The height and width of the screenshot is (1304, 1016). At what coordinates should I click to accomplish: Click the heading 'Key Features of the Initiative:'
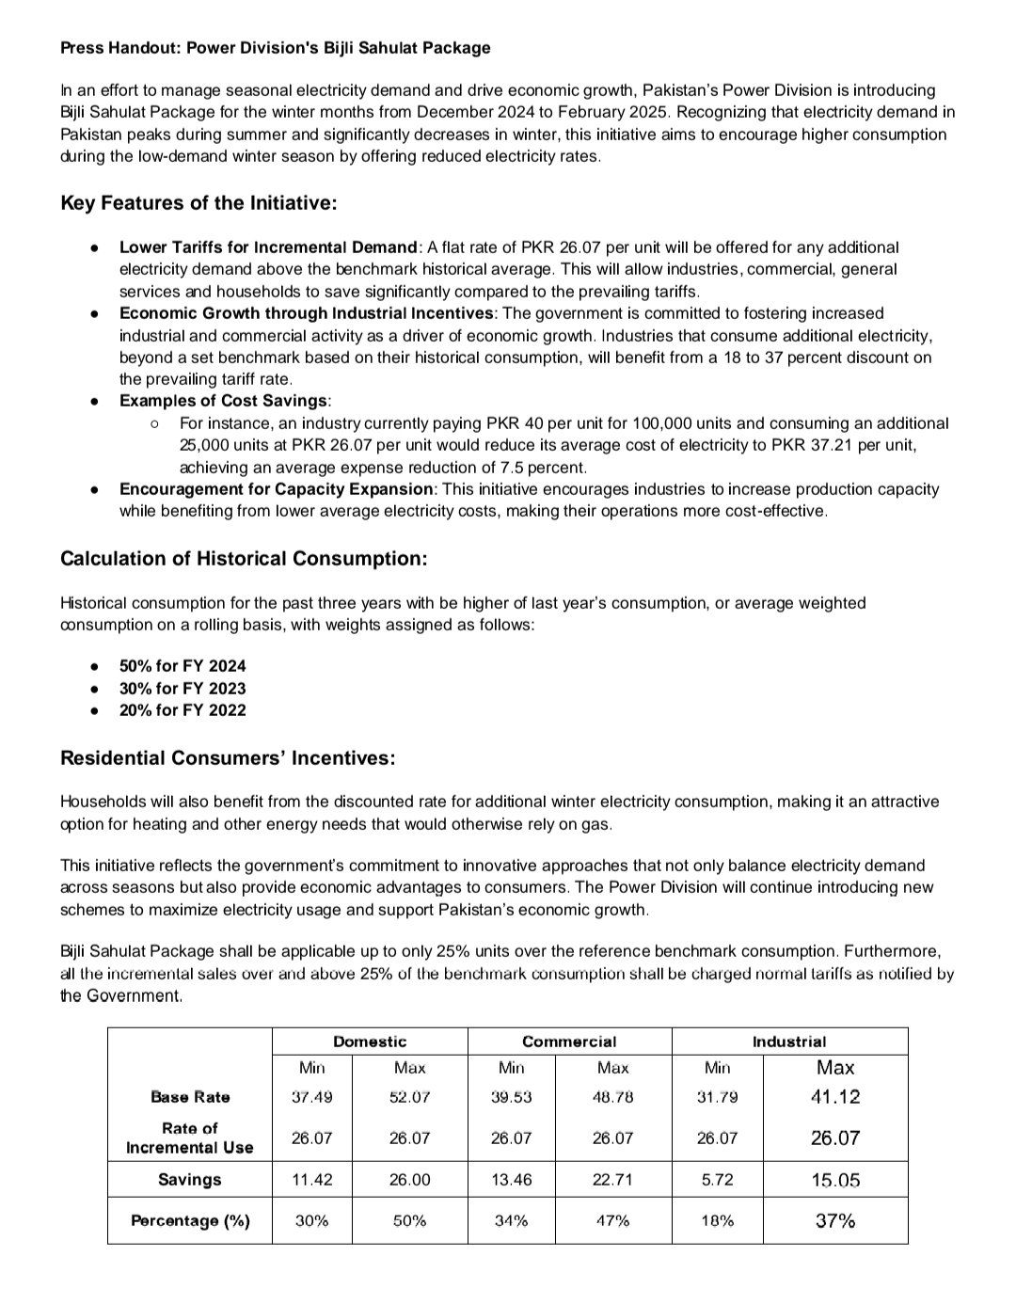coord(198,203)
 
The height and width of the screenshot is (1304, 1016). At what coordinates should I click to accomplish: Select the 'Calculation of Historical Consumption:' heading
coord(244,559)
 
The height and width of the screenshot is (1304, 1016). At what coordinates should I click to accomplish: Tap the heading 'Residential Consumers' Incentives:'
coord(228,758)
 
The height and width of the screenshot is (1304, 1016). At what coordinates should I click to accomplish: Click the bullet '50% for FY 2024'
coord(183,665)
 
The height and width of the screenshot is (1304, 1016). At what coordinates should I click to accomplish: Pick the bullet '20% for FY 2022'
coord(183,710)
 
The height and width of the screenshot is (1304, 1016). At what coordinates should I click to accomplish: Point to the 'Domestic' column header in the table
coord(370,1042)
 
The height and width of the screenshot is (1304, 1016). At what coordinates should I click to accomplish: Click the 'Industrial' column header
coord(789,1042)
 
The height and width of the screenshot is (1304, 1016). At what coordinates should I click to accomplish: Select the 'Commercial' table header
coord(569,1042)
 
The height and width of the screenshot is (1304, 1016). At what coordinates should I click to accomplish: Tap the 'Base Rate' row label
coord(190,1097)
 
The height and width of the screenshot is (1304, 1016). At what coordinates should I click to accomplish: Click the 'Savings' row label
coord(190,1180)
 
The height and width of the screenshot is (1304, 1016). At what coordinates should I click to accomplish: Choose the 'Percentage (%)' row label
coord(190,1221)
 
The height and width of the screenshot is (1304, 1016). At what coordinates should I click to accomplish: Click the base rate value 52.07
coord(409,1097)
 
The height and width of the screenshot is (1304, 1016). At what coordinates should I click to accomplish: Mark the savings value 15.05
coord(835,1180)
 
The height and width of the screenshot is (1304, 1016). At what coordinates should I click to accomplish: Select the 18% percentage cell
coord(717,1221)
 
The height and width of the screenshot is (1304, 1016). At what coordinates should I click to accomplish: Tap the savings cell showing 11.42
coord(311,1180)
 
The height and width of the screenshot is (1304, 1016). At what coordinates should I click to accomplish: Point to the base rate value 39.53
coord(511,1097)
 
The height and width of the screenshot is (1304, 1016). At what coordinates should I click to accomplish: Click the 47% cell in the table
coord(612,1221)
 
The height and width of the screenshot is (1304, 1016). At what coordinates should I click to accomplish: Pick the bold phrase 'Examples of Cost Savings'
coord(224,401)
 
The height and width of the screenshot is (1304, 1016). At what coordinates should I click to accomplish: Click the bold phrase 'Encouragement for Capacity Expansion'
coord(277,489)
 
